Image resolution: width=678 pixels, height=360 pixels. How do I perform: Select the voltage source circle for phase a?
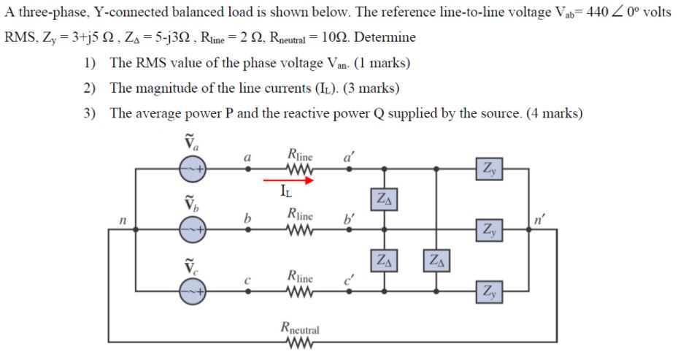pos(193,168)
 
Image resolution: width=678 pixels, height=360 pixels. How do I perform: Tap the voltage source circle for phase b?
pos(193,229)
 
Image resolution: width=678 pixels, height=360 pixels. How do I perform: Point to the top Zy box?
pos(487,169)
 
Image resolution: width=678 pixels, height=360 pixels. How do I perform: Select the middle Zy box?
pos(487,229)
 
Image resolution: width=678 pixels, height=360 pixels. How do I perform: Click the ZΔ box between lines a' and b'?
pos(385,198)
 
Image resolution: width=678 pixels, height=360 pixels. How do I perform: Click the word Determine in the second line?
pos(386,37)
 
